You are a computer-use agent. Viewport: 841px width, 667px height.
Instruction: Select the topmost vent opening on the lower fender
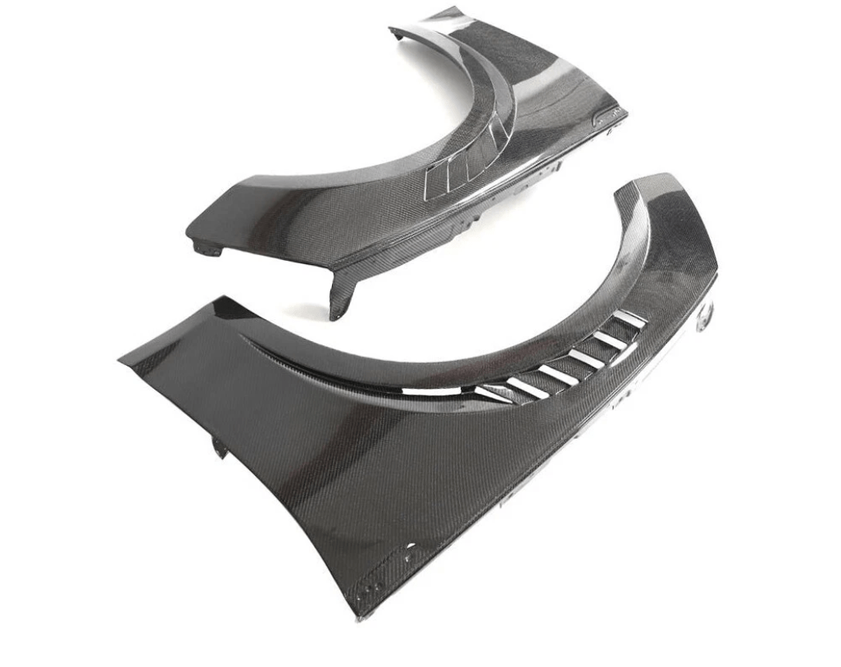(630, 318)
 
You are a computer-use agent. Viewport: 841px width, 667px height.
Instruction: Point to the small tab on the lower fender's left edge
(220, 447)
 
